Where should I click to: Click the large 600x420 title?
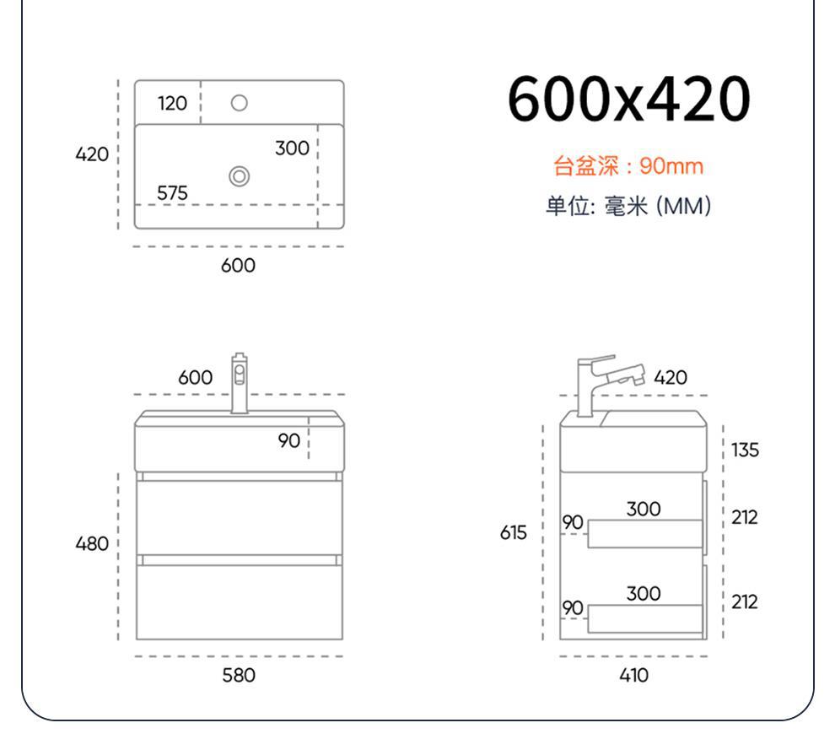(628, 100)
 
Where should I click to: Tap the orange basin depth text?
(628, 165)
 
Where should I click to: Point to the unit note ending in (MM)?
(628, 206)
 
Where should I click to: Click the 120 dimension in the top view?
(172, 103)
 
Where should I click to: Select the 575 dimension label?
(172, 193)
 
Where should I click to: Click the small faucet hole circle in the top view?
(239, 103)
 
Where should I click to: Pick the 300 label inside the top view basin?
(292, 148)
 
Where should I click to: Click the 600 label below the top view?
(238, 266)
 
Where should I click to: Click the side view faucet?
(603, 382)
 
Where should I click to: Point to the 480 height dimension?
(93, 544)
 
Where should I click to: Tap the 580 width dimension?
(238, 675)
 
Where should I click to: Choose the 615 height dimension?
(513, 533)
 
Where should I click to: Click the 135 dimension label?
(745, 450)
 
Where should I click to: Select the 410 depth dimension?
(633, 675)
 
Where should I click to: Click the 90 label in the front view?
(289, 440)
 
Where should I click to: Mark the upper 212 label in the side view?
(745, 517)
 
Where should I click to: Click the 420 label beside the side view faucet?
(671, 377)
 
